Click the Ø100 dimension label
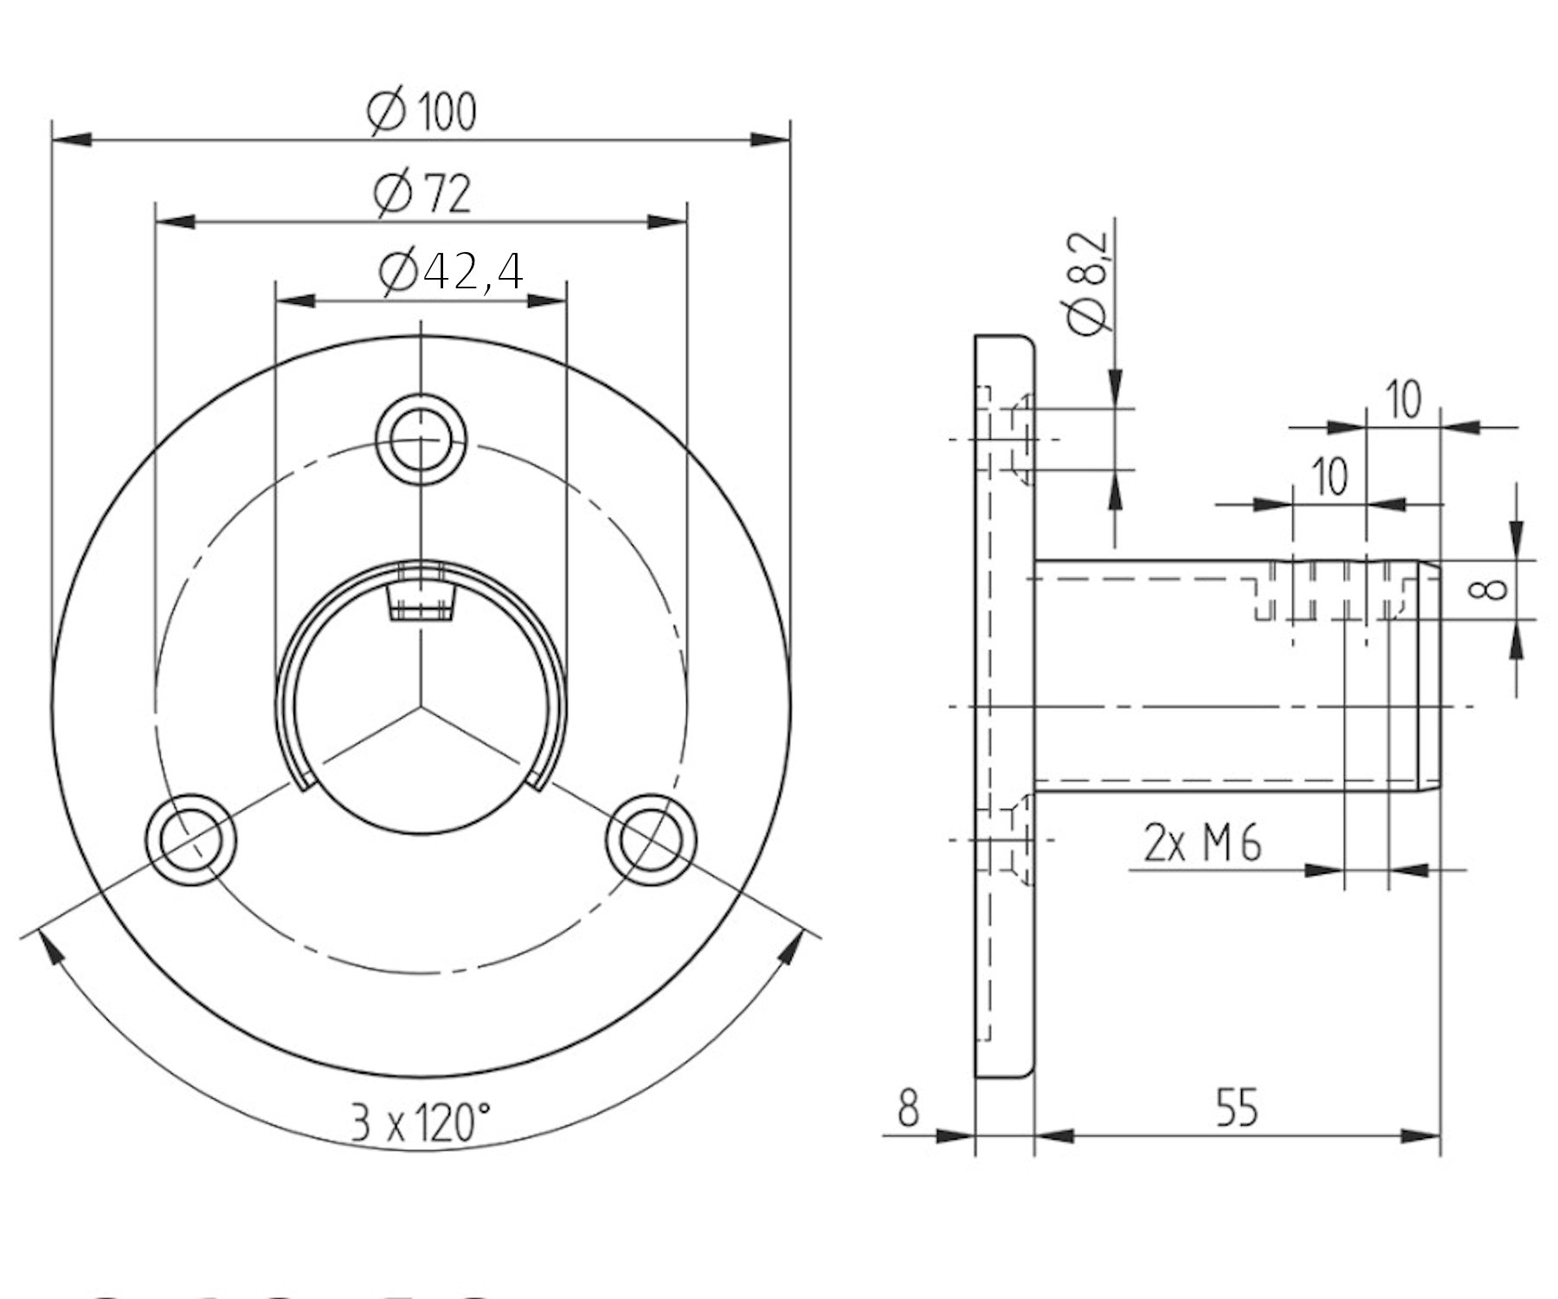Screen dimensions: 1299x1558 [422, 112]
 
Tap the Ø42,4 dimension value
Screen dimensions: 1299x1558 [451, 272]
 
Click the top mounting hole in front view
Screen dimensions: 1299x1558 [421, 439]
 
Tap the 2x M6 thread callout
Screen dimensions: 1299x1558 [1202, 843]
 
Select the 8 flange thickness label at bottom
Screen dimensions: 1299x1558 [907, 1108]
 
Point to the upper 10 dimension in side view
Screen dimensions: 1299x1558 [1403, 400]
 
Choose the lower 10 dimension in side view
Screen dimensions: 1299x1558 [1329, 476]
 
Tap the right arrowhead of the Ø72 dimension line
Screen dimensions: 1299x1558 [667, 223]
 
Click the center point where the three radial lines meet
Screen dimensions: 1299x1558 [421, 708]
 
